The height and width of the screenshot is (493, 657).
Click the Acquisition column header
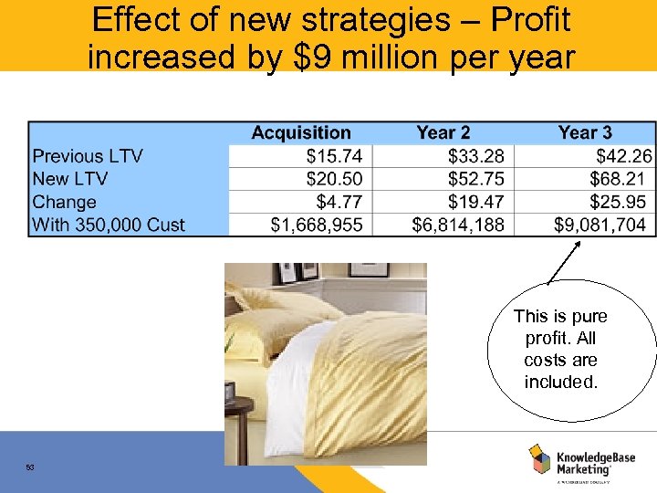coord(300,133)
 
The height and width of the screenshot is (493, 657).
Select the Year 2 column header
coord(443,133)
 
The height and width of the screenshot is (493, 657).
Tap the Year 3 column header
coord(585,133)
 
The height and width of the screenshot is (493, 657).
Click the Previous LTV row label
coord(88,156)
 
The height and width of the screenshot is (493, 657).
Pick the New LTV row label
coord(70,179)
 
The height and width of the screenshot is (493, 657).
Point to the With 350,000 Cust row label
coord(109,225)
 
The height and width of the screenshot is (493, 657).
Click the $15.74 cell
coord(334,156)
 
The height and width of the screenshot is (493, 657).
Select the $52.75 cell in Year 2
coord(475,179)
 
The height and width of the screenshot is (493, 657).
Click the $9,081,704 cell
coord(600,225)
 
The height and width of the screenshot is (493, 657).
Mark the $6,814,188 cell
coord(458,225)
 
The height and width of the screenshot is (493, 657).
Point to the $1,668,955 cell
coord(317,225)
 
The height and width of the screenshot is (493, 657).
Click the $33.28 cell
coord(475,156)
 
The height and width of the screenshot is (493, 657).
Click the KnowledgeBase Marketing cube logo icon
coord(539,458)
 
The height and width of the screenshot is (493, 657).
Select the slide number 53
coord(30,467)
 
